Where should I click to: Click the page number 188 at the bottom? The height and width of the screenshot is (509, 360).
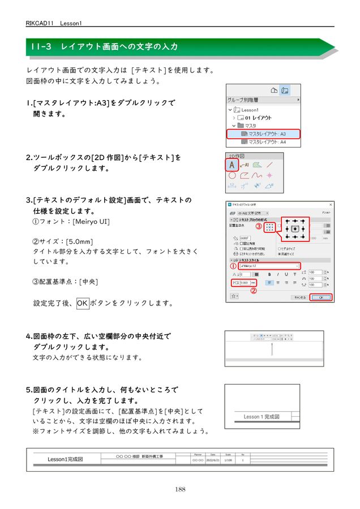point(180,489)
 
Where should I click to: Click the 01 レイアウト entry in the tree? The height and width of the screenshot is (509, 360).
point(258,118)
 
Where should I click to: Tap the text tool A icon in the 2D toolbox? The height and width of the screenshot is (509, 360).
point(232,165)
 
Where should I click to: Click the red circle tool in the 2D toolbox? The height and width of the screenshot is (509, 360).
point(232,176)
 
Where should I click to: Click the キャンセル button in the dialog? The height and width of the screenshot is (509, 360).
point(299,297)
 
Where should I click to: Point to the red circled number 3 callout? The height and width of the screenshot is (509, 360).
point(258,227)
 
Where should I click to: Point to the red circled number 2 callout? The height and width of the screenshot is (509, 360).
point(254,292)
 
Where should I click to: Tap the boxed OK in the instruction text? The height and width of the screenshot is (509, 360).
point(83,303)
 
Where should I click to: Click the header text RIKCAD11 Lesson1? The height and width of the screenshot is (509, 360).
point(54,23)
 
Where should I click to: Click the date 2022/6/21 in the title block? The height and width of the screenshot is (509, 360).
point(213,460)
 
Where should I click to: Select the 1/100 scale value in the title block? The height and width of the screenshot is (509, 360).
point(228,460)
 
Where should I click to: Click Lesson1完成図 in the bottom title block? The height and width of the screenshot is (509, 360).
point(65,459)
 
